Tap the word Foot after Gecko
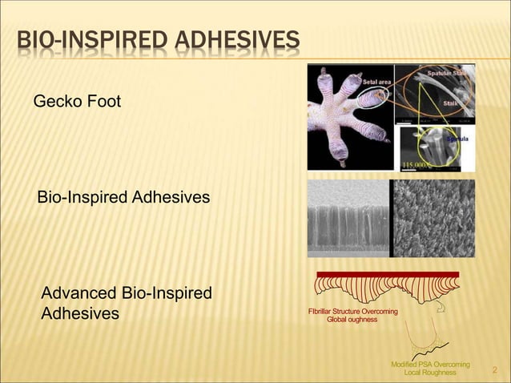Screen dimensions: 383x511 click(105, 102)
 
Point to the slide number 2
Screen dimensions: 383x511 click(494, 369)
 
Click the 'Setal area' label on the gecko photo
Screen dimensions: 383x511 click(377, 82)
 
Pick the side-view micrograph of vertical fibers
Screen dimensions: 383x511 click(348, 218)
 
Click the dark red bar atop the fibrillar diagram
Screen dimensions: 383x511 click(388, 275)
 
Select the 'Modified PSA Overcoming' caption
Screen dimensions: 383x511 click(430, 365)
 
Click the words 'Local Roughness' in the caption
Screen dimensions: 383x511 click(430, 373)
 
